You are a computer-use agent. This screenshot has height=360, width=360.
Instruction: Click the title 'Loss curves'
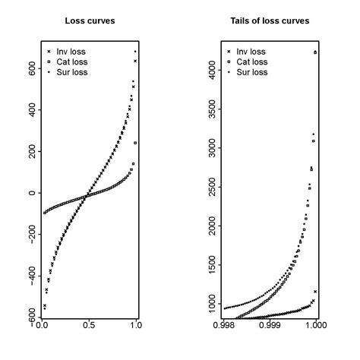89,21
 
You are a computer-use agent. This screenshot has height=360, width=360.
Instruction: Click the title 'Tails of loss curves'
270,21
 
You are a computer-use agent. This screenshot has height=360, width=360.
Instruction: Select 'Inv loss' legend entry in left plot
69,52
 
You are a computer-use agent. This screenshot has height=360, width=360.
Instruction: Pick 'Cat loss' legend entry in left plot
70,62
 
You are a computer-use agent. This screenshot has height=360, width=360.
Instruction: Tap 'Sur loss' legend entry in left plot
70,73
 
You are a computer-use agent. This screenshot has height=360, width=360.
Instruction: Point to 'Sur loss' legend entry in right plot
251,73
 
